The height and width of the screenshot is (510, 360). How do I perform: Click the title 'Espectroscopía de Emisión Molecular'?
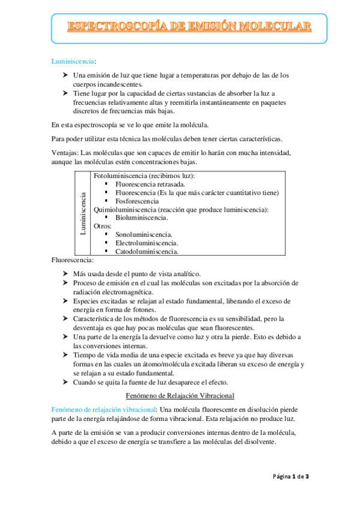pyautogui.click(x=189, y=26)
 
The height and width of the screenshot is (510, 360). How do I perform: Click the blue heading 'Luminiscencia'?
pyautogui.click(x=73, y=61)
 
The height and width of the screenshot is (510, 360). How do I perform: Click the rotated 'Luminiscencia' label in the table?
pyautogui.click(x=83, y=214)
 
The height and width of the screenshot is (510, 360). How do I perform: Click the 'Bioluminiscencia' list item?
pyautogui.click(x=143, y=218)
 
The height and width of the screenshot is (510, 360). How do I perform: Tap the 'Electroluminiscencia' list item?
pyautogui.click(x=146, y=243)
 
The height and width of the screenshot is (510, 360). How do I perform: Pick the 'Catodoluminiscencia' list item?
pyautogui.click(x=146, y=251)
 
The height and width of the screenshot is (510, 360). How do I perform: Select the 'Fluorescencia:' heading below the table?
pyautogui.click(x=73, y=260)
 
